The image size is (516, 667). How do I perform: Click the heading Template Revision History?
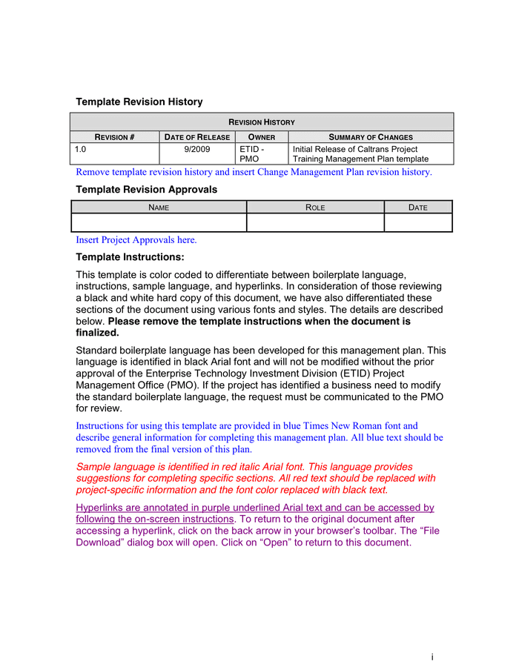(x=139, y=102)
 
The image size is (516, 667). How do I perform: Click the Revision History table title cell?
(x=261, y=122)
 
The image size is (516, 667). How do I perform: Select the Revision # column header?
(x=114, y=137)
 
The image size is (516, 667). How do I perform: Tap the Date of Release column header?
(x=197, y=137)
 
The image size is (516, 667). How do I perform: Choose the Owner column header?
(x=261, y=137)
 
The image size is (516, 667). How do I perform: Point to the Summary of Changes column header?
(x=370, y=137)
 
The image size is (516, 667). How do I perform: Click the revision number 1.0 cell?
(x=81, y=149)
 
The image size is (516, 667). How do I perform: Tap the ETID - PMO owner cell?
(x=251, y=153)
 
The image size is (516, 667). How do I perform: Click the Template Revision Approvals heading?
(x=147, y=190)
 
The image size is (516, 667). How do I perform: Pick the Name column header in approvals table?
(x=159, y=208)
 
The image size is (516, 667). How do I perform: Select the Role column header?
(x=315, y=208)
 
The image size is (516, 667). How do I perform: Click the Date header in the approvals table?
(x=418, y=208)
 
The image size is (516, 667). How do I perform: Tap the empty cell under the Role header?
(x=315, y=222)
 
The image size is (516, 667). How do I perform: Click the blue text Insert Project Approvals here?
(x=136, y=240)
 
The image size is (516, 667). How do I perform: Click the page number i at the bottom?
(x=432, y=657)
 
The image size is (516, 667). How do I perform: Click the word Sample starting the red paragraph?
(x=93, y=467)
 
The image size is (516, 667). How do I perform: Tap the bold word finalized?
(x=98, y=333)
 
